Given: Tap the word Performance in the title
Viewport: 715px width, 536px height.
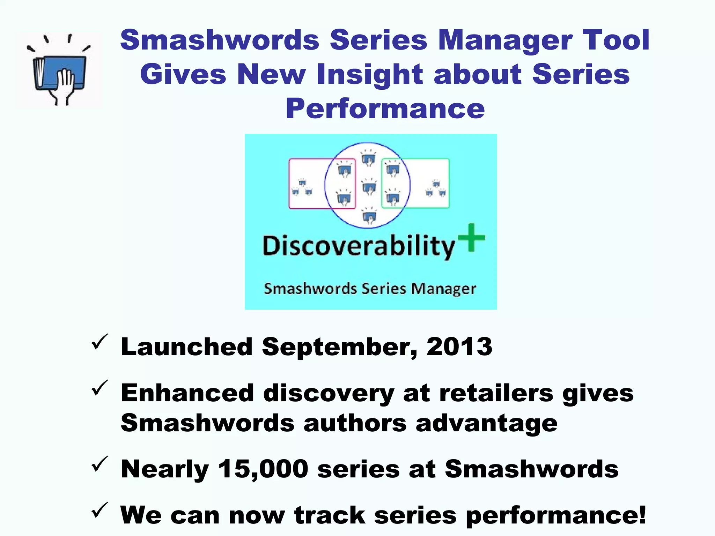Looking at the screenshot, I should [385, 109].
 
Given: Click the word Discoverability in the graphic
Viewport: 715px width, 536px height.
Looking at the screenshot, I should [359, 246].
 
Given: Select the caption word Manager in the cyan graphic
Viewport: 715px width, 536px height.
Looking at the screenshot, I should [443, 289].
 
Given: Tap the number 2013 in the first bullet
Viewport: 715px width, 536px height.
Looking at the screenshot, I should [459, 347].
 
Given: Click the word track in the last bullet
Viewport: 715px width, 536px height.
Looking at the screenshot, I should [330, 515].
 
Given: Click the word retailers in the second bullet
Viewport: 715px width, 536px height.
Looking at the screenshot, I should [496, 393].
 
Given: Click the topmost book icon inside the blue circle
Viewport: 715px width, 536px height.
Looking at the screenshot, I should [368, 158].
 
